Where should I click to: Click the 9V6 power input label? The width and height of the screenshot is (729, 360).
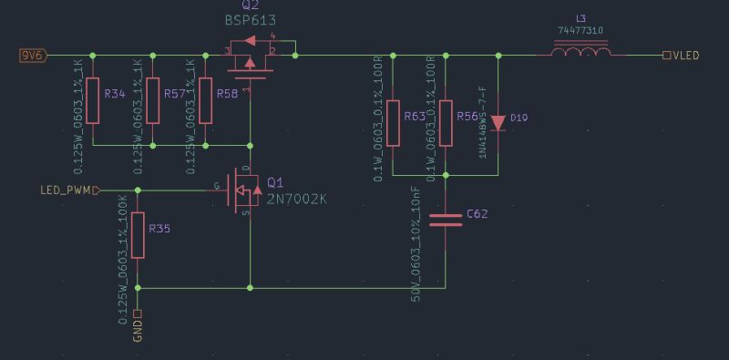(33, 56)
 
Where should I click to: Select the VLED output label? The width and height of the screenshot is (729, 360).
(684, 56)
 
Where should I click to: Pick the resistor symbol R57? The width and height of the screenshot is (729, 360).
(152, 100)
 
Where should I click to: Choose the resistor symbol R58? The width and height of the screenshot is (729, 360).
(205, 100)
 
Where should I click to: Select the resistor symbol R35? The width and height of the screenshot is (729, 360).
(138, 235)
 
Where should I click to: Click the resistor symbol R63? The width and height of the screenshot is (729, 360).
(393, 123)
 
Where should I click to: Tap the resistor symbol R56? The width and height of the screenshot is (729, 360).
(446, 123)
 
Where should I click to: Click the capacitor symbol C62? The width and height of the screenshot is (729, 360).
(446, 218)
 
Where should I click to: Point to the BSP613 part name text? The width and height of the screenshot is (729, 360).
(250, 19)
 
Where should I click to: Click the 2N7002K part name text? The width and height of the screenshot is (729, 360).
(296, 198)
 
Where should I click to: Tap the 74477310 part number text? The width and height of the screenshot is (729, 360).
(580, 30)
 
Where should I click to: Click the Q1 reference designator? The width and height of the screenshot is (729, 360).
(275, 181)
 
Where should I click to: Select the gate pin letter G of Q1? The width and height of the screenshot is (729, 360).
(216, 186)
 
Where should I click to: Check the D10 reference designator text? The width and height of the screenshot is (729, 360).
(519, 118)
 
